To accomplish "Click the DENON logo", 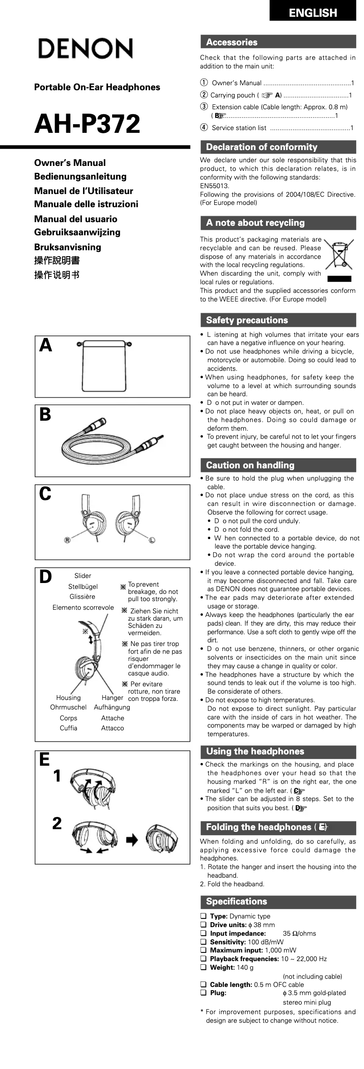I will tap(85, 49).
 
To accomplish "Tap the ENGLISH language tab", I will tap(313, 13).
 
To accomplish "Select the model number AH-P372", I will tap(88, 124).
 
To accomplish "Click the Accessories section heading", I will tap(231, 42).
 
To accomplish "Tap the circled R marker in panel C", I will tap(67, 540).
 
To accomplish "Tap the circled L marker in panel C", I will tap(152, 540).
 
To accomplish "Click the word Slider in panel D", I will tap(83, 576).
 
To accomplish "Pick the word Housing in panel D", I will tap(69, 698).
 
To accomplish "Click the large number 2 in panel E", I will tap(57, 823).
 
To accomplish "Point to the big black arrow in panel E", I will tap(132, 840).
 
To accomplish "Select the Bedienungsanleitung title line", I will tap(80, 176).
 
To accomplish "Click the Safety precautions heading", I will tap(246, 320).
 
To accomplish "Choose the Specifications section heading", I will tap(236, 901).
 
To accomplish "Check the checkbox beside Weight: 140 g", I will tap(203, 967).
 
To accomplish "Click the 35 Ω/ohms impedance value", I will tap(299, 933).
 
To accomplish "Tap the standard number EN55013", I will tap(215, 186).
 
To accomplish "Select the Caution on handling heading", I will tap(250, 465).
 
